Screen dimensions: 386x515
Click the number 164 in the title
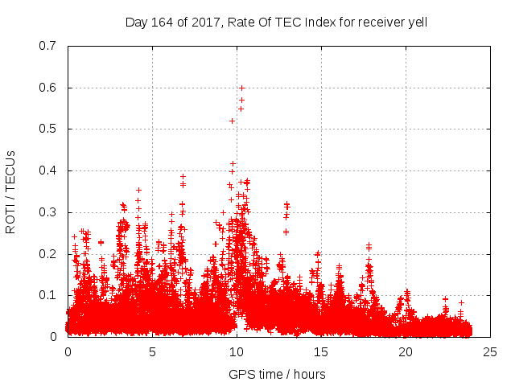coord(161,22)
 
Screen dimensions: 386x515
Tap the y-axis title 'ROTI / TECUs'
coord(10,191)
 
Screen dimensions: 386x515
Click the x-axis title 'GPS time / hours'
coord(277,374)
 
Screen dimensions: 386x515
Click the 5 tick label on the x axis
coord(152,352)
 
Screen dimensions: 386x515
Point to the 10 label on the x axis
coord(237,352)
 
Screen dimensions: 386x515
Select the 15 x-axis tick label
coord(321,352)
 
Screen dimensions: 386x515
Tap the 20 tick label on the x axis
coord(406,352)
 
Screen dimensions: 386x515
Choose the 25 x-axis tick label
coord(490,352)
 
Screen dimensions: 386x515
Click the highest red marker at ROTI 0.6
coord(241,88)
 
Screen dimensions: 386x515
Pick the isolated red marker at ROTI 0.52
coord(232,121)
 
